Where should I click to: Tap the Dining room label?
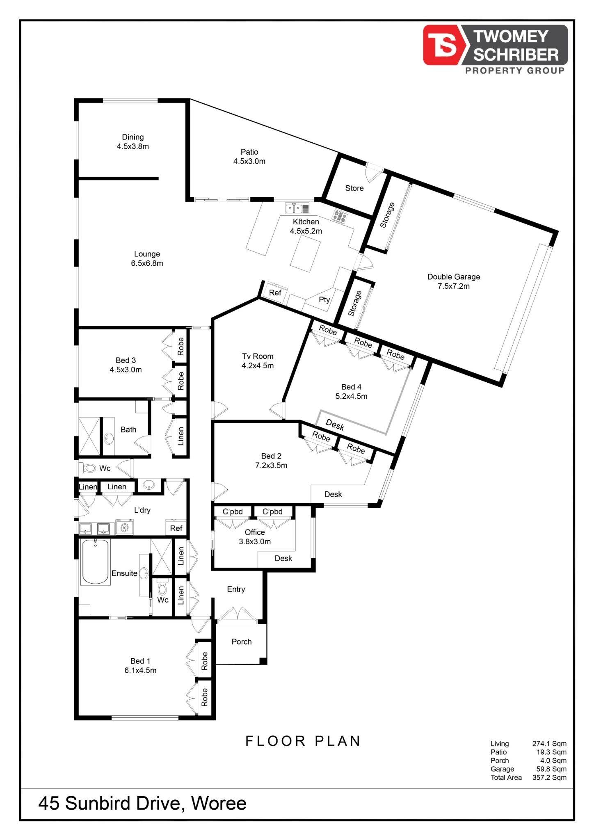pos(133,142)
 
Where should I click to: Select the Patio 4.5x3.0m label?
pos(249,157)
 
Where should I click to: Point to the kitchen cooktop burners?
pos(340,216)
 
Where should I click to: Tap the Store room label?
pos(354,188)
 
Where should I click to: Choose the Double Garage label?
pos(454,281)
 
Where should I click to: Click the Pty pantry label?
pos(324,300)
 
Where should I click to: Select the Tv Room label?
pos(258,361)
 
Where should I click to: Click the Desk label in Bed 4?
pos(335,425)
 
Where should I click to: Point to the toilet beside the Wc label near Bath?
pos(87,468)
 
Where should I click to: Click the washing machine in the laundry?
pos(124,527)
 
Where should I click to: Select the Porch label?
pos(242,642)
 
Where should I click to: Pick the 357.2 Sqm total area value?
pos(549,778)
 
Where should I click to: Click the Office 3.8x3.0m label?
pos(255,537)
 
